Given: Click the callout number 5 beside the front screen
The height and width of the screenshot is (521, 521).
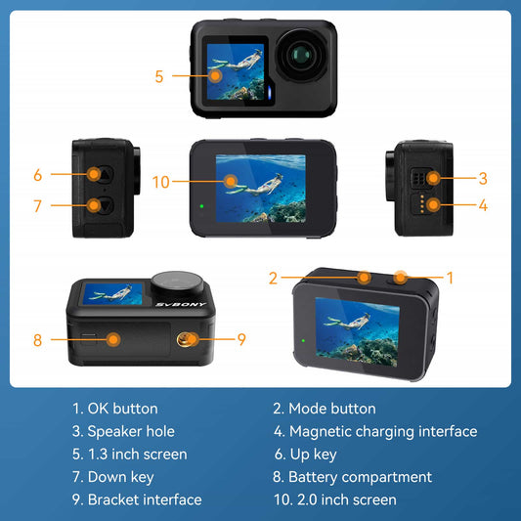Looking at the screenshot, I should tap(159, 75).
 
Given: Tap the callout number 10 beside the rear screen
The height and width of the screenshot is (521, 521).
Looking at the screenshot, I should tap(161, 181).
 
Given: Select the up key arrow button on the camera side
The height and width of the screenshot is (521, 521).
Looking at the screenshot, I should tap(95, 176).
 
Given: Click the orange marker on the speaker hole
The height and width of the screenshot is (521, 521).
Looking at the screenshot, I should tap(431, 178).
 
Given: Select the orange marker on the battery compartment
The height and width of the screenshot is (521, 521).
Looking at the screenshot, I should tap(114, 340).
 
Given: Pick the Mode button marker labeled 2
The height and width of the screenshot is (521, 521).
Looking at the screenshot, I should tap(364, 278).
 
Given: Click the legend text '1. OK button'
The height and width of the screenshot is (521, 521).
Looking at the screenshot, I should tap(114, 409).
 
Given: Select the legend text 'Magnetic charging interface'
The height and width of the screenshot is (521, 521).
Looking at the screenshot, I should tap(382, 431).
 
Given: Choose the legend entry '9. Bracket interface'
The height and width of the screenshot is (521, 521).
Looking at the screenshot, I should tap(137, 499).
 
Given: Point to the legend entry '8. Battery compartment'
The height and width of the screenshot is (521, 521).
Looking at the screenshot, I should tap(352, 477).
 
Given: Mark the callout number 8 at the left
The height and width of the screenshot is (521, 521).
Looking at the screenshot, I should tap(37, 340).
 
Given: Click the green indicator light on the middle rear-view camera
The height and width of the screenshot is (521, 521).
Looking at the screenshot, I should tap(200, 206).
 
